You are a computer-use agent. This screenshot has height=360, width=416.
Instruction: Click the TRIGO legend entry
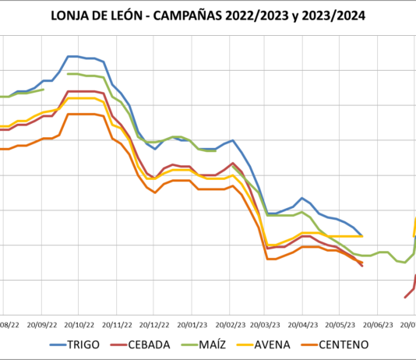pos(83,344)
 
